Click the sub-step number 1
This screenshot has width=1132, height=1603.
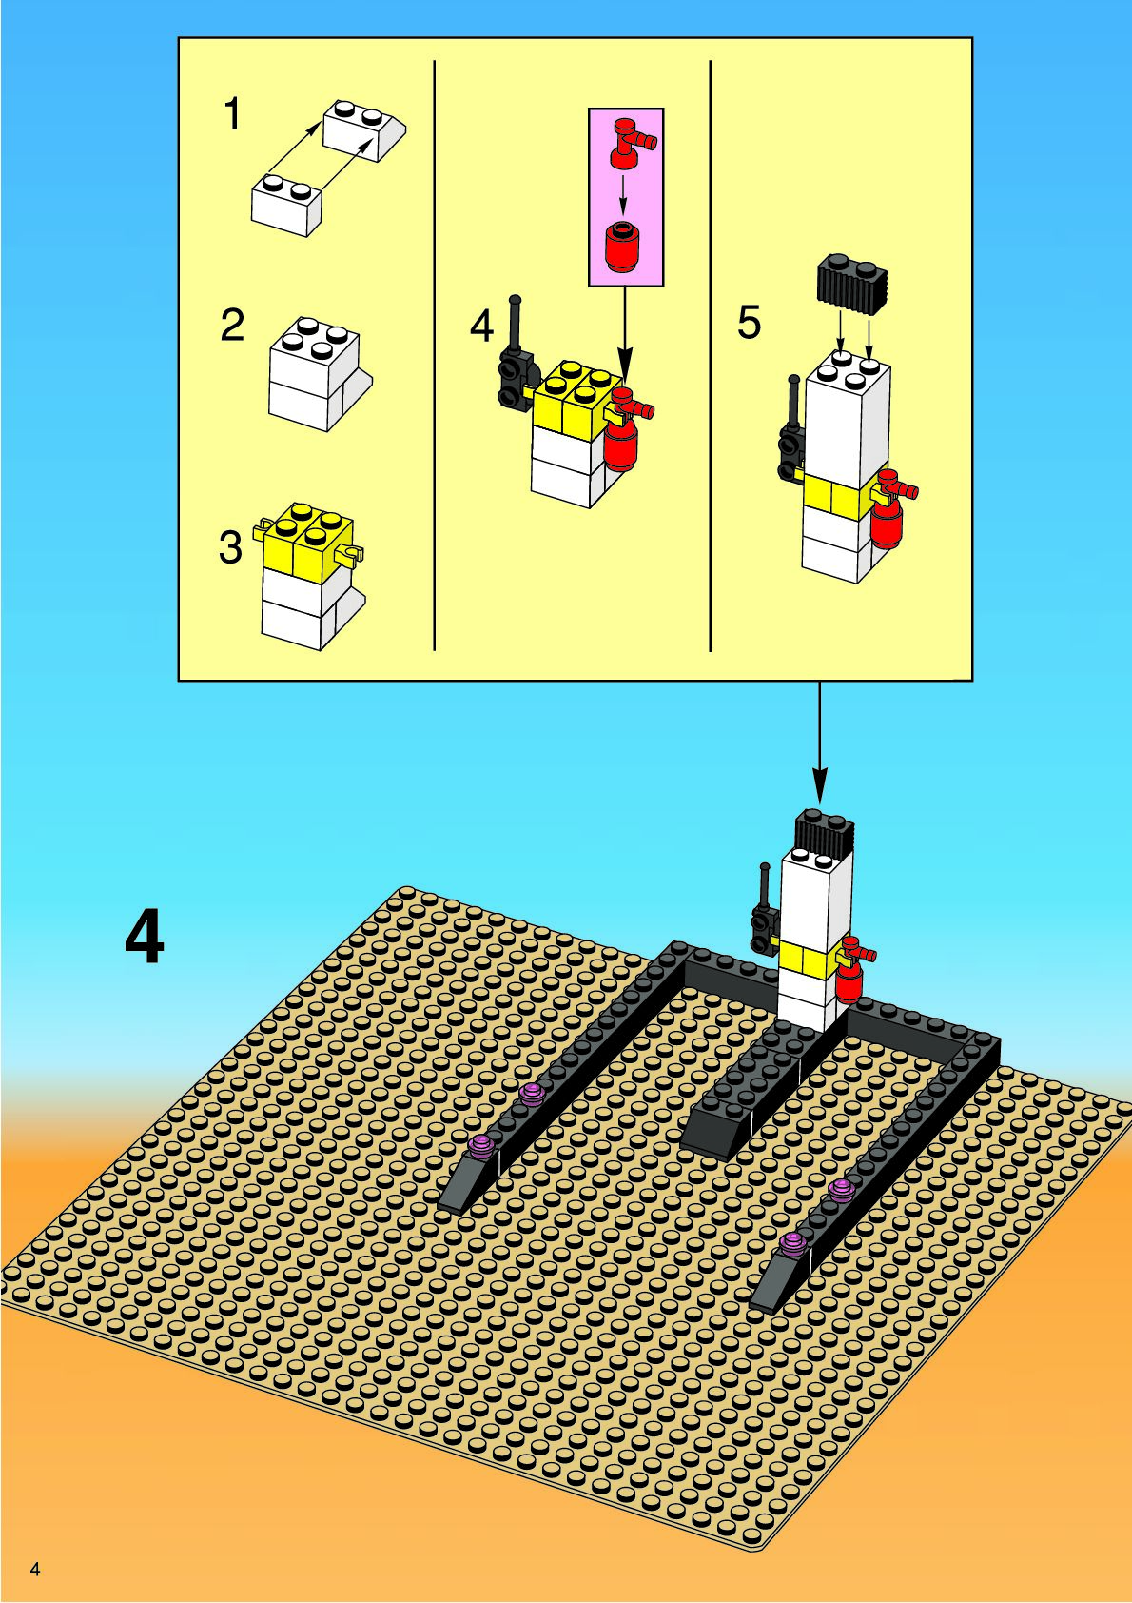click(231, 115)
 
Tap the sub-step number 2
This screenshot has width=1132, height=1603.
click(232, 326)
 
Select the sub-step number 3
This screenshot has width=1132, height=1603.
click(230, 547)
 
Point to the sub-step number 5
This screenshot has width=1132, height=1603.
click(749, 323)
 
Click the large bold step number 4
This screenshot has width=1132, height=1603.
click(145, 939)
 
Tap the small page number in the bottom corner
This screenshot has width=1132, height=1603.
click(35, 1569)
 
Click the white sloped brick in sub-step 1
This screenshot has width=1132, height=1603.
click(364, 129)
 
